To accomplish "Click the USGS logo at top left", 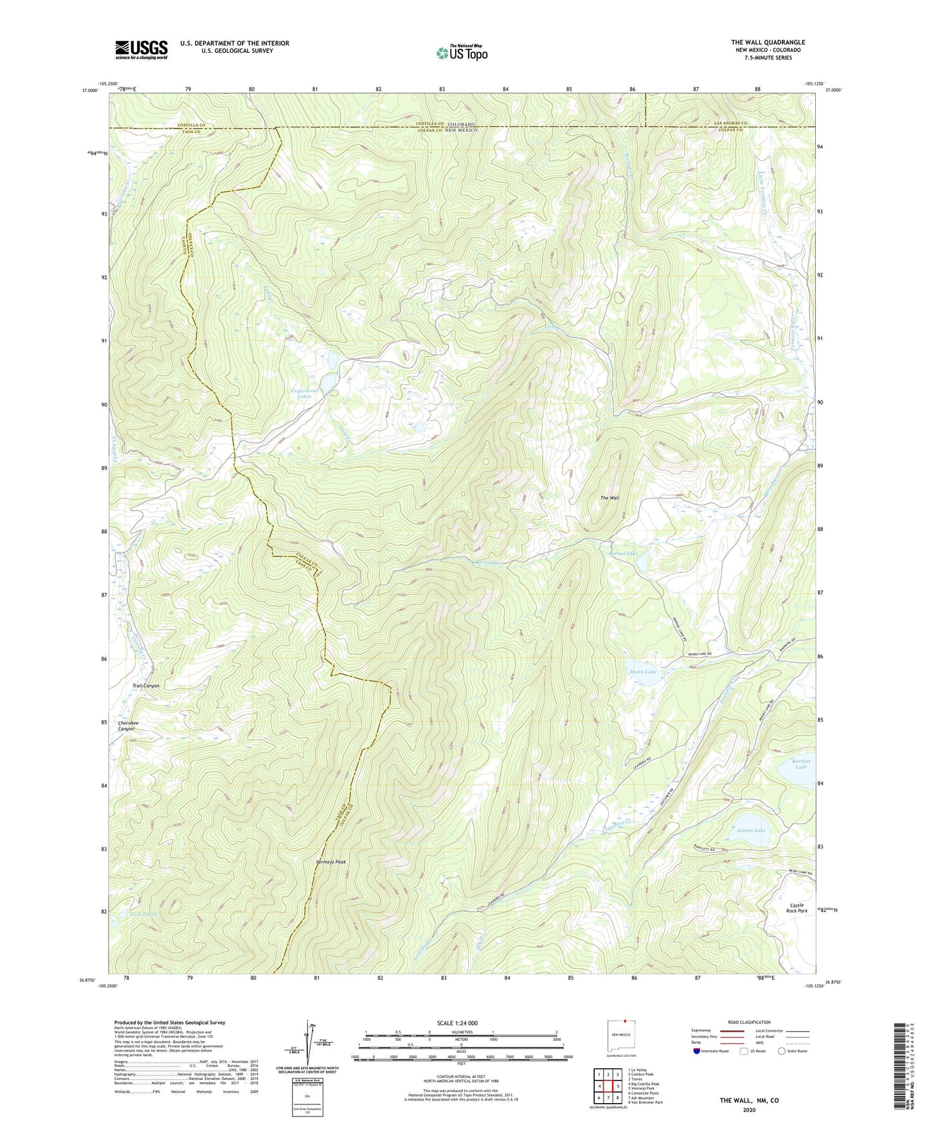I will [x=141, y=49].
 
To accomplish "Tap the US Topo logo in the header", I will [x=462, y=53].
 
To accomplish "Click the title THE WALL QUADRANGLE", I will [x=768, y=42].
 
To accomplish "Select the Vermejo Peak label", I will [x=331, y=862].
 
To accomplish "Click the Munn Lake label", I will [x=643, y=671].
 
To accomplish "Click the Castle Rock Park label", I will [x=797, y=908].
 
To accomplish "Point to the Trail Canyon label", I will [x=146, y=686].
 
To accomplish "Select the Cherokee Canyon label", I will [x=127, y=726].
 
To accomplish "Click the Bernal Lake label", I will [x=623, y=553].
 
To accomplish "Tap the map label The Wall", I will [x=609, y=498].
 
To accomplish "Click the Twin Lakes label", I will [x=143, y=914].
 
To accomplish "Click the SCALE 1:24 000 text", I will [x=461, y=1023].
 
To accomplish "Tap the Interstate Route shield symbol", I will [x=698, y=1051].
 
